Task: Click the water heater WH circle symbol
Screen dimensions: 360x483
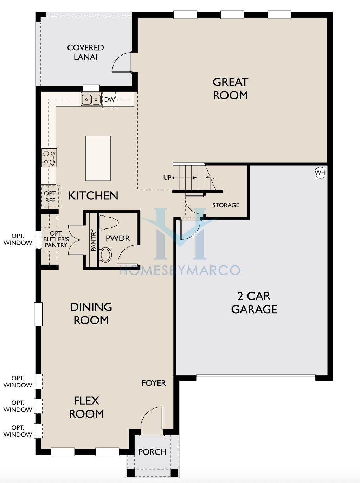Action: [320, 173]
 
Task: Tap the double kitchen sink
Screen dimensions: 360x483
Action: [91, 99]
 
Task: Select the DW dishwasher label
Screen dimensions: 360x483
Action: [110, 99]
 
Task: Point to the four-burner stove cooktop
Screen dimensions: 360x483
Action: [49, 158]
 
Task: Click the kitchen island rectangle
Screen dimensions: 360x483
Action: [98, 158]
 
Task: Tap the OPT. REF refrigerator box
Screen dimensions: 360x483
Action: [50, 197]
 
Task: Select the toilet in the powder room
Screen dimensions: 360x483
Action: [109, 223]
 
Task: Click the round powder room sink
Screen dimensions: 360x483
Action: [105, 255]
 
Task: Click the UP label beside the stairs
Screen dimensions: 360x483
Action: [167, 178]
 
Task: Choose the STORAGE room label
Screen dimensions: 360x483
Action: [226, 205]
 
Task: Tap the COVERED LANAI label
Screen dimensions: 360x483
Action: [85, 52]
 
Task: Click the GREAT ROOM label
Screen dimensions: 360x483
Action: [230, 89]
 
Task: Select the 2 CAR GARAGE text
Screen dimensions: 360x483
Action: [254, 303]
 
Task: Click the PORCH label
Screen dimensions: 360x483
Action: [152, 452]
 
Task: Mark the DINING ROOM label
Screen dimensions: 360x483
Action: [91, 314]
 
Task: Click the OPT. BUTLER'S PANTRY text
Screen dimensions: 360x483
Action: [56, 239]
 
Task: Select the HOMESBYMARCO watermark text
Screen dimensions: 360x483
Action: [180, 270]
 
